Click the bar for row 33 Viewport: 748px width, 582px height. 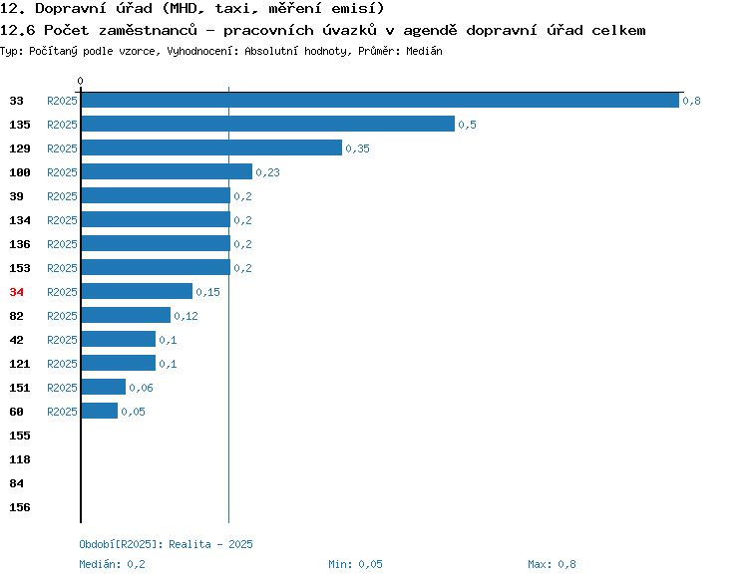(x=380, y=100)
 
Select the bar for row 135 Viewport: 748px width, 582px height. (x=268, y=124)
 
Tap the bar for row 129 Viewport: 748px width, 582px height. (x=211, y=147)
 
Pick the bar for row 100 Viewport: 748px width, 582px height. (x=167, y=171)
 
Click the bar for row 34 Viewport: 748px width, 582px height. (x=137, y=291)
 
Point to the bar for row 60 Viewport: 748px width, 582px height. (x=100, y=411)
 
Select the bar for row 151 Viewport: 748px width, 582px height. (x=104, y=387)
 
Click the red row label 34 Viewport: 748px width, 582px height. (x=16, y=292)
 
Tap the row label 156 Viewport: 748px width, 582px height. (x=20, y=507)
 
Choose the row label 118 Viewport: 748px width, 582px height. (x=20, y=459)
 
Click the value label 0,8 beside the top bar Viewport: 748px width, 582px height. (x=691, y=101)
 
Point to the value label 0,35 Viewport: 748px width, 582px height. (x=357, y=148)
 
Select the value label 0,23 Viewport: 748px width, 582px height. (x=267, y=172)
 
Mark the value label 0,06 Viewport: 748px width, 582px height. (x=141, y=388)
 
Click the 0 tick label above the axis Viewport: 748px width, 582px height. (x=80, y=81)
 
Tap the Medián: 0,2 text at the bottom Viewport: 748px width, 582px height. (x=112, y=564)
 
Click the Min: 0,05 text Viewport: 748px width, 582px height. (x=355, y=564)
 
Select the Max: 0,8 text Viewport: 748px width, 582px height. (x=552, y=564)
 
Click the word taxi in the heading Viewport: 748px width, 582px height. (x=233, y=8)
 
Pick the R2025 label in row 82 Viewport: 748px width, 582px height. (x=62, y=316)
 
